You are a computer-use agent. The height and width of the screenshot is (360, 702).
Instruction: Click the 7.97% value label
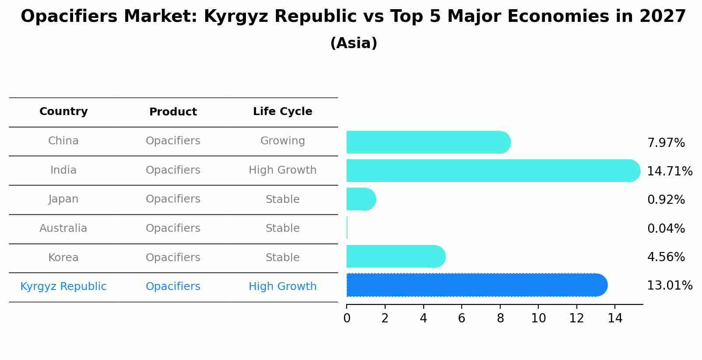pos(666,143)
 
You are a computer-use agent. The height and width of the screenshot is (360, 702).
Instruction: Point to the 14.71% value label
pos(669,171)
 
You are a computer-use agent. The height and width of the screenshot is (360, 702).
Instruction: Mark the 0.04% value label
pos(666,228)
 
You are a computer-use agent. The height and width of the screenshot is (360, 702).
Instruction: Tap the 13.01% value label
pos(669,286)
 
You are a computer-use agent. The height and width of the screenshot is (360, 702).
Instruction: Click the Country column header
pos(63,112)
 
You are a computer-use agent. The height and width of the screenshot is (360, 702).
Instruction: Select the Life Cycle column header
pos(282,112)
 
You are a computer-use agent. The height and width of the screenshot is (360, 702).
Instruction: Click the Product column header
pos(173,112)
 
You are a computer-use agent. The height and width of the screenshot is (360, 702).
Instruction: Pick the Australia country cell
pos(63,228)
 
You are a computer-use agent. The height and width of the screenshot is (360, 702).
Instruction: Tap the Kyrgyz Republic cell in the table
pos(63,287)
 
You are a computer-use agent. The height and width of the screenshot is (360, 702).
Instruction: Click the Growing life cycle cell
pos(282,141)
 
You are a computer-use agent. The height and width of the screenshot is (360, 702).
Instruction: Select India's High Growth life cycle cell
pos(282,170)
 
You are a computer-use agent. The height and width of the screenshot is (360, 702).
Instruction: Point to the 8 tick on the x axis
pos(500,318)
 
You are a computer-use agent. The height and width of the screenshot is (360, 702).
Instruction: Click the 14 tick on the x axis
pos(615,318)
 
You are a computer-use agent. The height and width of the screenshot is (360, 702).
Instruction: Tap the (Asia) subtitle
pos(354,43)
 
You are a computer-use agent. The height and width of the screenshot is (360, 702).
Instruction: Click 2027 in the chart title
pos(662,17)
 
